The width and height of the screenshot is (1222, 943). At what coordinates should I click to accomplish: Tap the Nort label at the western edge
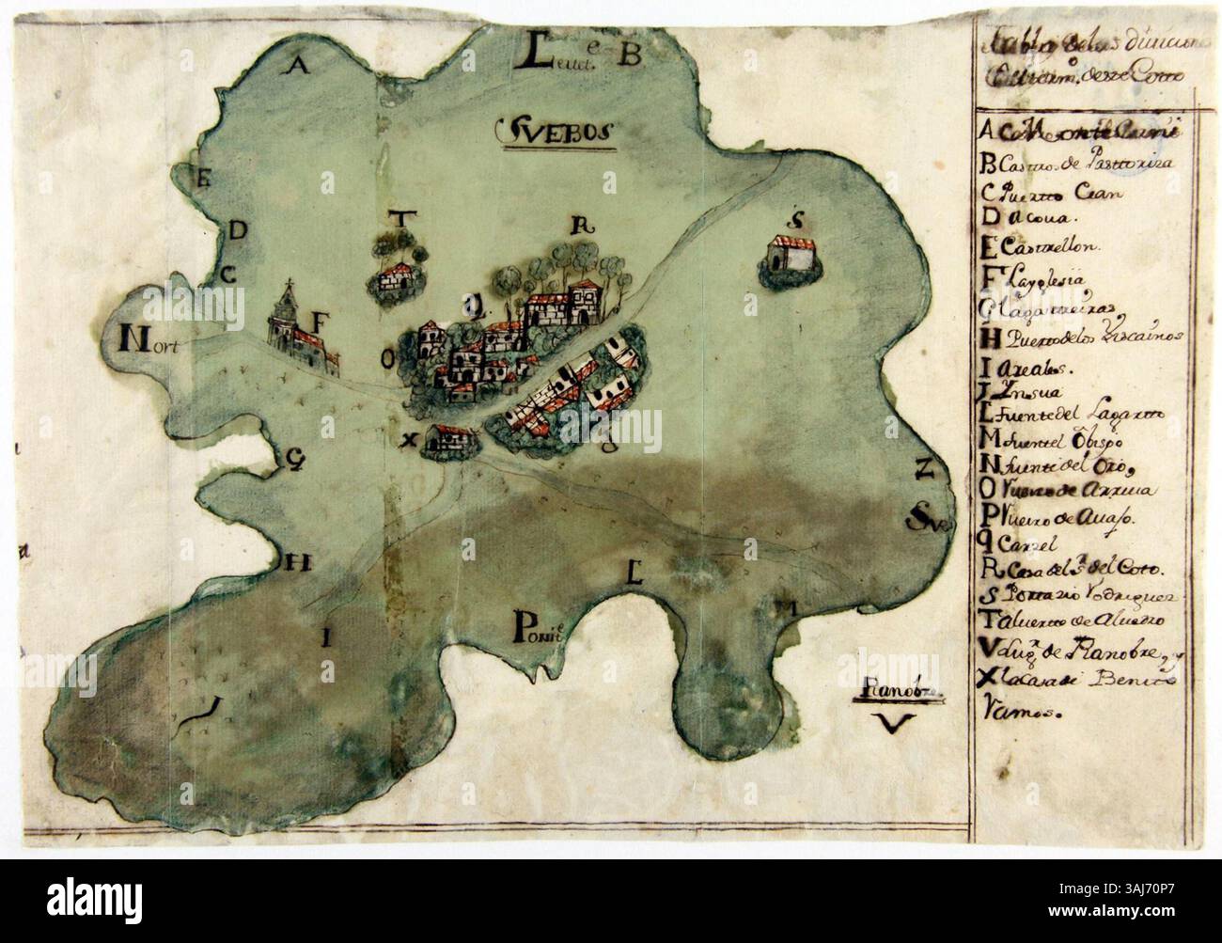[150, 340]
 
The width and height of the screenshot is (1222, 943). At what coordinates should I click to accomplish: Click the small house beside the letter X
[448, 439]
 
